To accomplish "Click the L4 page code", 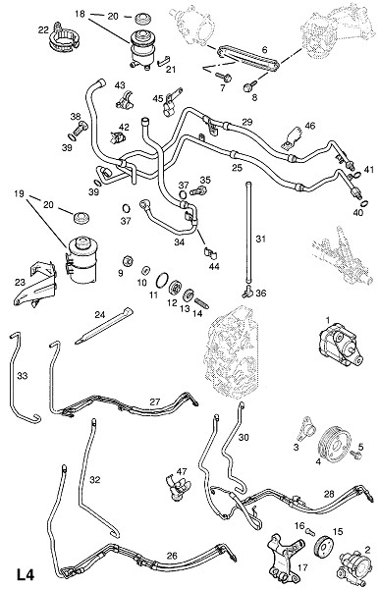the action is click(25, 575).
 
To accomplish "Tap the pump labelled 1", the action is click(340, 347).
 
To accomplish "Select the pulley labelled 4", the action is click(334, 446).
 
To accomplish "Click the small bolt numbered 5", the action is click(355, 455).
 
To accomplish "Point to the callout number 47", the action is click(182, 471).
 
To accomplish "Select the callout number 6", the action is click(265, 49).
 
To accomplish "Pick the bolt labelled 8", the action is click(249, 86).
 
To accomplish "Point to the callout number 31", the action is click(260, 239).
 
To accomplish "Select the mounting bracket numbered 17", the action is click(286, 557).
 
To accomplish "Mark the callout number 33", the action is click(23, 375).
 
